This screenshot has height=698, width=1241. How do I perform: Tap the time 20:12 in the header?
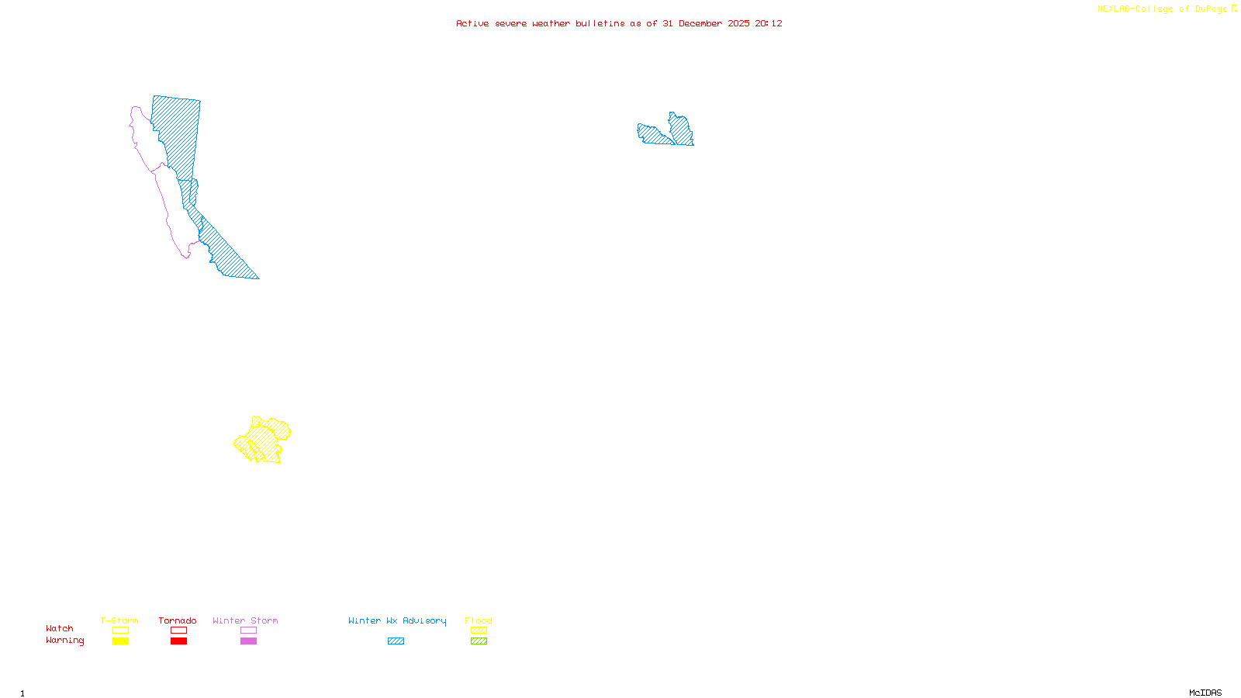pyautogui.click(x=769, y=23)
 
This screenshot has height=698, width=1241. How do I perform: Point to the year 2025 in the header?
pyautogui.click(x=738, y=23)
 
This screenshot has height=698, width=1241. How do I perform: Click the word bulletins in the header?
pyautogui.click(x=600, y=23)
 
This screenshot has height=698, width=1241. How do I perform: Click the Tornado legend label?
pyautogui.click(x=178, y=620)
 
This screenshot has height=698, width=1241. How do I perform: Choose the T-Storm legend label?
pyautogui.click(x=119, y=620)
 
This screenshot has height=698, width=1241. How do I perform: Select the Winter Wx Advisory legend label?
pyautogui.click(x=397, y=620)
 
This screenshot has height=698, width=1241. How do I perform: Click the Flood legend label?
pyautogui.click(x=479, y=620)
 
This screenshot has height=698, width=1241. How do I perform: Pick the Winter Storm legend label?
pyautogui.click(x=245, y=620)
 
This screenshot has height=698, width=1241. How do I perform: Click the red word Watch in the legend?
pyautogui.click(x=60, y=628)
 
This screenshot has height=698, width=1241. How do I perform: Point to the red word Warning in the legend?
pyautogui.click(x=65, y=641)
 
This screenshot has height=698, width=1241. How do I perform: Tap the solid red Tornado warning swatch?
pyautogui.click(x=178, y=641)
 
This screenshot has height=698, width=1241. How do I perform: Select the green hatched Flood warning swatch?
pyautogui.click(x=479, y=641)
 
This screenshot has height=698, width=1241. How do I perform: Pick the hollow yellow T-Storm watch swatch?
pyautogui.click(x=120, y=630)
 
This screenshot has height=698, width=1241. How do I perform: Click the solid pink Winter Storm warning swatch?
pyautogui.click(x=248, y=641)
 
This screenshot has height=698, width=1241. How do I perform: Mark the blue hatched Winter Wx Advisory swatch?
pyautogui.click(x=396, y=641)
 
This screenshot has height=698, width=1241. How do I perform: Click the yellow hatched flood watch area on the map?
pyautogui.click(x=264, y=441)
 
